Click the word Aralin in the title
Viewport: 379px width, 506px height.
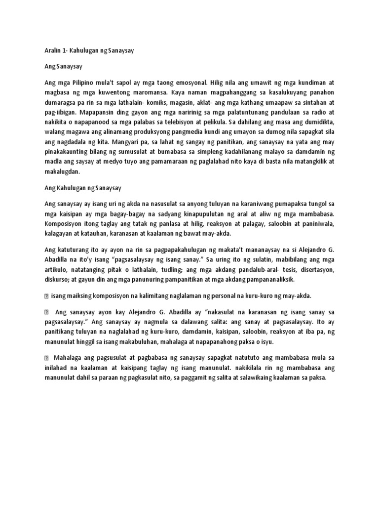48,50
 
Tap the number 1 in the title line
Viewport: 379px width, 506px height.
61,50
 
